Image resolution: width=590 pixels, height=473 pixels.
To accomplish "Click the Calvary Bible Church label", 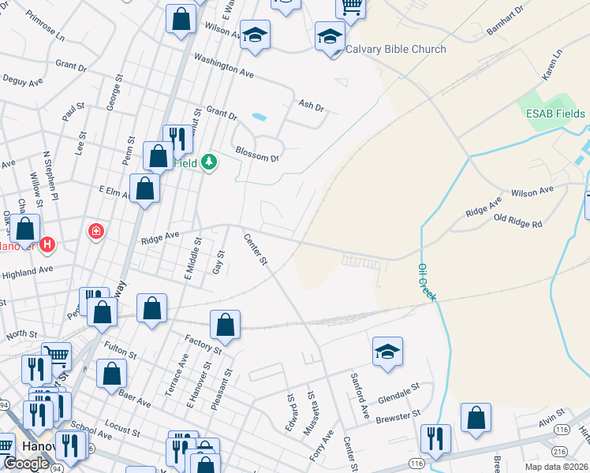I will [x=395, y=49].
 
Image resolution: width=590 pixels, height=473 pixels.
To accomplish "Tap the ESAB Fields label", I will [x=556, y=114].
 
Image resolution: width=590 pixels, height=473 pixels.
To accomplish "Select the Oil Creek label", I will [x=427, y=281].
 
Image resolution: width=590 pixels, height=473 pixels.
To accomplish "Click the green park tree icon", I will [x=208, y=163].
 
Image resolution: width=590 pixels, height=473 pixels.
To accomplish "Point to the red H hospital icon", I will [x=47, y=244].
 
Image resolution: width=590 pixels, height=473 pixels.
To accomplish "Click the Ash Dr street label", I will [x=312, y=105].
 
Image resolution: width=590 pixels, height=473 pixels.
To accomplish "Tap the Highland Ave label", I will [x=28, y=270].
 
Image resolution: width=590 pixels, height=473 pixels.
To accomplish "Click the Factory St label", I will [x=203, y=345].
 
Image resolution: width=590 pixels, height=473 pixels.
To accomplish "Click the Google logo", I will [x=26, y=464].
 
